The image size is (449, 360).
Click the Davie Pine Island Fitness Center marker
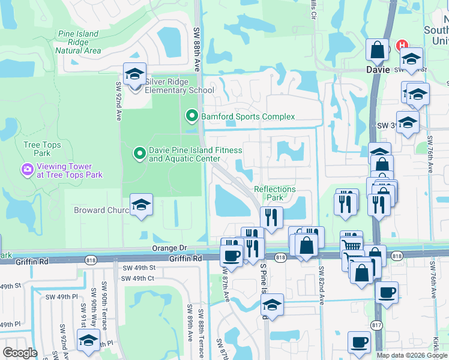(x=139, y=154)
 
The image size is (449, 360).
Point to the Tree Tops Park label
(x=41, y=149)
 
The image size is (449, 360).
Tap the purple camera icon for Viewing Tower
(x=27, y=170)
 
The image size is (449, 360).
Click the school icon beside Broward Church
(x=141, y=205)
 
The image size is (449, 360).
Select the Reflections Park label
(x=275, y=193)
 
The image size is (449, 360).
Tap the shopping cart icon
(x=351, y=243)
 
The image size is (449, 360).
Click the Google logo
(x=20, y=353)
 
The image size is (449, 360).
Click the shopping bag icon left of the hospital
(x=378, y=51)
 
